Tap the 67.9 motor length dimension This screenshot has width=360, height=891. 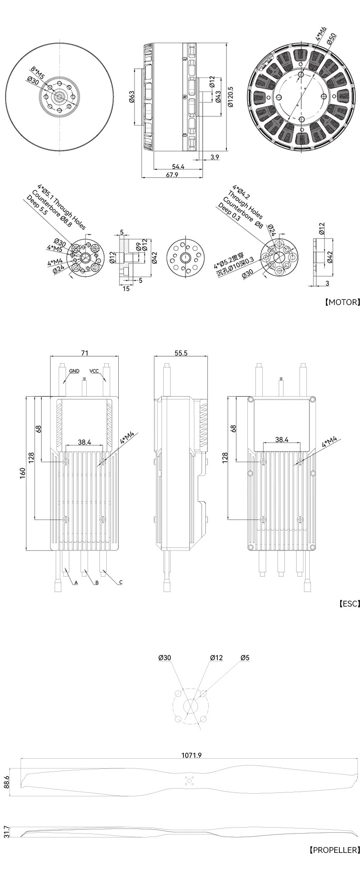pyautogui.click(x=172, y=175)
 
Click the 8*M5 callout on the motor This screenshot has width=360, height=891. pyautogui.click(x=37, y=72)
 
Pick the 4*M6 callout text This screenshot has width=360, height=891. pyautogui.click(x=321, y=33)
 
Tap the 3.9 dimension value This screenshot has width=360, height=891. pyautogui.click(x=215, y=157)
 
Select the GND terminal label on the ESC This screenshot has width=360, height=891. pyautogui.click(x=74, y=371)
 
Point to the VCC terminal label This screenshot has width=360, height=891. pyautogui.click(x=95, y=371)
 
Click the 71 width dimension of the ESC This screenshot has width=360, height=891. pyautogui.click(x=85, y=353)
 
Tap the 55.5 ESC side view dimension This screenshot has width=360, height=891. pyautogui.click(x=181, y=353)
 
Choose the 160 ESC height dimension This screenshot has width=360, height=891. pyautogui.click(x=23, y=473)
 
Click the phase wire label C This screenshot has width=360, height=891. pyautogui.click(x=121, y=582)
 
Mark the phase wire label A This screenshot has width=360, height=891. pyautogui.click(x=76, y=583)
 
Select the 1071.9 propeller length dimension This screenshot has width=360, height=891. pyautogui.click(x=191, y=755)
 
